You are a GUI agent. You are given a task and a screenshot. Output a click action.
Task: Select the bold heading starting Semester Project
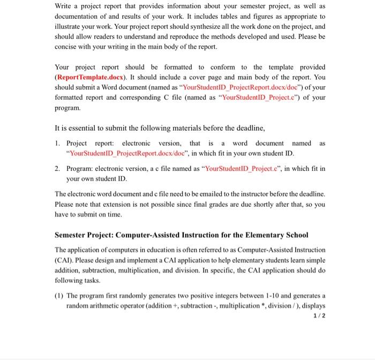pos(182,235)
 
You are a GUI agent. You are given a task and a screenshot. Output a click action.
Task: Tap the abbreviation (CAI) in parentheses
pos(65,260)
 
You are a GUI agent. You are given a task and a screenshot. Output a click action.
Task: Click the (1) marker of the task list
pos(59,296)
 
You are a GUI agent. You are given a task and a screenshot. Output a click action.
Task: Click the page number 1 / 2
pos(318,316)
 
